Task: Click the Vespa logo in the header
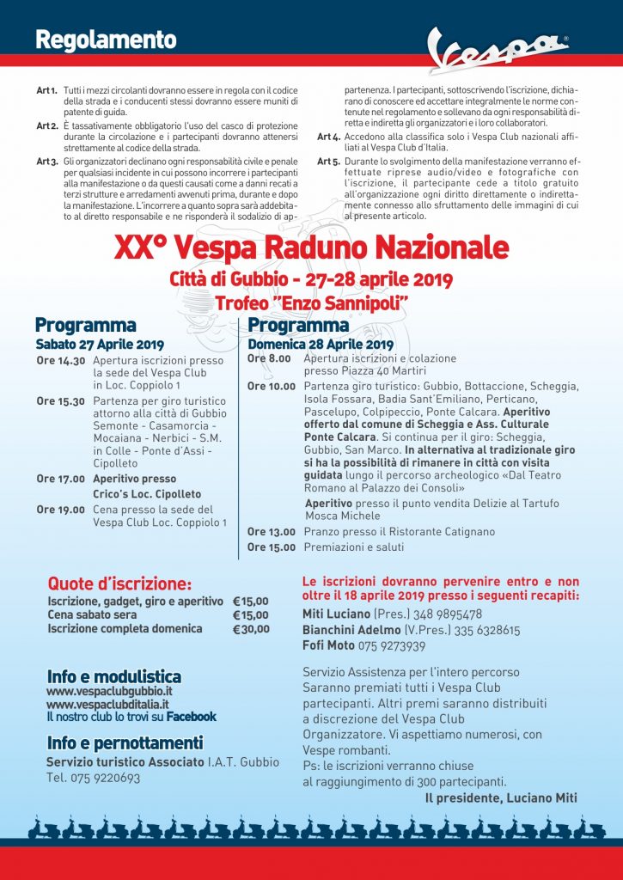coord(498,52)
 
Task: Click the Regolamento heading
coord(106,40)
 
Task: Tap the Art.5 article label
coord(329,161)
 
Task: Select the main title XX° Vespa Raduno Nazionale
coord(311,247)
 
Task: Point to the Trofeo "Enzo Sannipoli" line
coord(311,303)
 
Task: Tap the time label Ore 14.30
coord(61,361)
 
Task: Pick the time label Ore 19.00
coord(61,510)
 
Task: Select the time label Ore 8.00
coord(269,358)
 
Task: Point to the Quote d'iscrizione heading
coord(119,584)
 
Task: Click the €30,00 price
coord(251,629)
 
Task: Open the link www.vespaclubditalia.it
coord(107,704)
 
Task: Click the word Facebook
coord(191,717)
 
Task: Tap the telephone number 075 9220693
coord(105,778)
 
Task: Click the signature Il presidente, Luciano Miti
coord(501,798)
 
